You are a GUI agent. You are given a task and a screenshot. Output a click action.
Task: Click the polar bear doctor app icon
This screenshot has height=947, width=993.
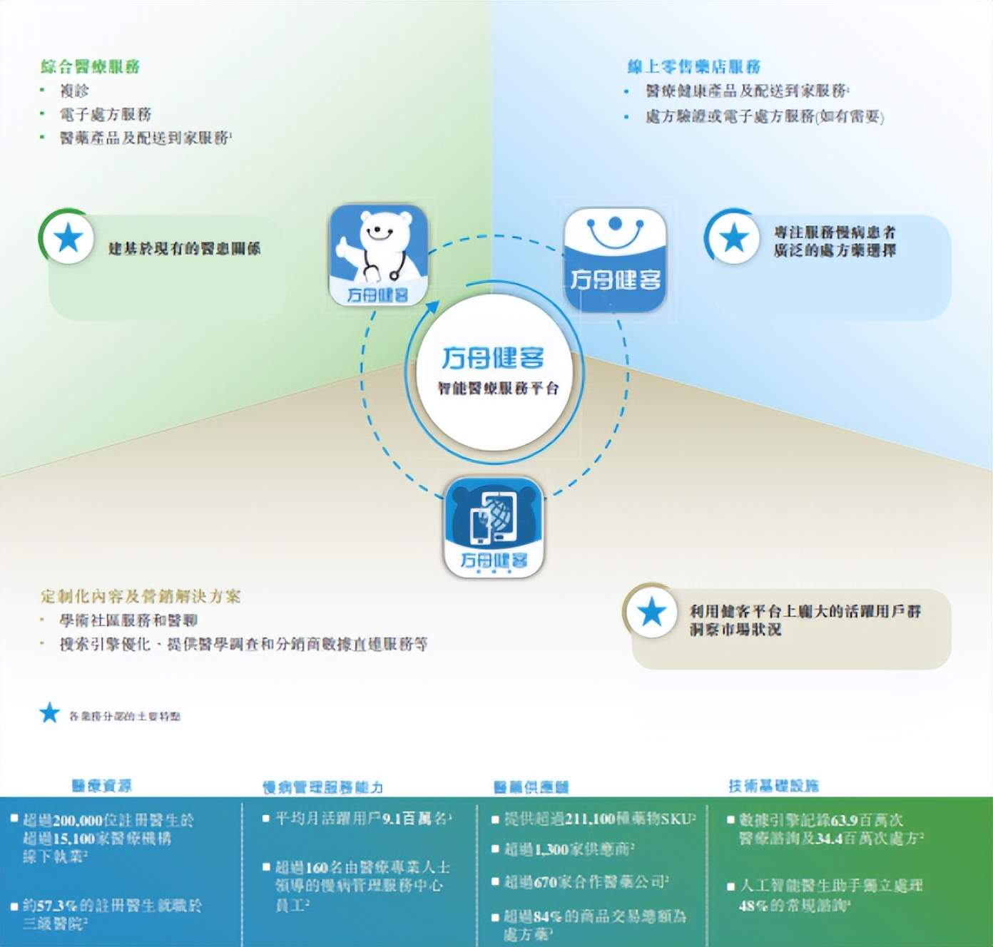pyautogui.click(x=378, y=255)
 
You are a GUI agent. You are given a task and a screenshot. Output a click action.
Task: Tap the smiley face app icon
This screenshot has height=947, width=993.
pyautogui.click(x=615, y=258)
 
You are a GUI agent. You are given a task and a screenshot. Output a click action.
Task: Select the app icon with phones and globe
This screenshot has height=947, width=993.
pyautogui.click(x=494, y=527)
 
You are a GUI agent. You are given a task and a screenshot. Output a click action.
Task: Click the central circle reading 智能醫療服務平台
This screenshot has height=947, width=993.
pyautogui.click(x=494, y=370)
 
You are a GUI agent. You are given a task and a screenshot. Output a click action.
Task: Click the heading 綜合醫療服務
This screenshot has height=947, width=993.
pyautogui.click(x=90, y=67)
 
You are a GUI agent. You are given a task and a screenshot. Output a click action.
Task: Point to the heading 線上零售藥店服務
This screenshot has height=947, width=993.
pyautogui.click(x=693, y=67)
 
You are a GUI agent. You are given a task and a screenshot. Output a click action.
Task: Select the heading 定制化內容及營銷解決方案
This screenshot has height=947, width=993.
pyautogui.click(x=141, y=596)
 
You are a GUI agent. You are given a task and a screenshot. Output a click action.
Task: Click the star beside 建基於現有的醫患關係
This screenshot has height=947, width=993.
pyautogui.click(x=68, y=238)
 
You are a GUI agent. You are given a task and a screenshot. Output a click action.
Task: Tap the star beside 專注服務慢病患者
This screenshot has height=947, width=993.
pyautogui.click(x=733, y=238)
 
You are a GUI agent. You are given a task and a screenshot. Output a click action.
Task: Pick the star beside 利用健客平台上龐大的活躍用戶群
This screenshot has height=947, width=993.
pyautogui.click(x=651, y=613)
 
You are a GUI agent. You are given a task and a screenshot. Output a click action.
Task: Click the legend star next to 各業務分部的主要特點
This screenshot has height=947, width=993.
pyautogui.click(x=49, y=712)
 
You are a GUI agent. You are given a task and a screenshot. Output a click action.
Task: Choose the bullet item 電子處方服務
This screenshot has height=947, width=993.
pyautogui.click(x=105, y=114)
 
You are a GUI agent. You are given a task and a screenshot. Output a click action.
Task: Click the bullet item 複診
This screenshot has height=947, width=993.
pyautogui.click(x=74, y=91)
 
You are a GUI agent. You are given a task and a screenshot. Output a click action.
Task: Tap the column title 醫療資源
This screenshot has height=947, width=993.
pyautogui.click(x=101, y=786)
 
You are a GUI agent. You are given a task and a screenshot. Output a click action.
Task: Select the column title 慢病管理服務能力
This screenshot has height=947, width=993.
pyautogui.click(x=322, y=787)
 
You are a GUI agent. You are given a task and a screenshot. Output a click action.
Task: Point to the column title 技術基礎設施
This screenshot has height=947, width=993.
pyautogui.click(x=773, y=786)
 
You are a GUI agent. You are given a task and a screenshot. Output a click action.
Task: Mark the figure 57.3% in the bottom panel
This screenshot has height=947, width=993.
pyautogui.click(x=55, y=906)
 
